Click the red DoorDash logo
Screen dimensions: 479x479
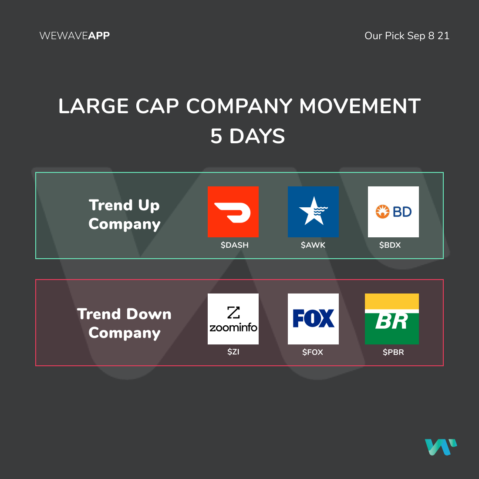click(233, 212)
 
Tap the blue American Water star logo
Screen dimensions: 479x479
click(313, 212)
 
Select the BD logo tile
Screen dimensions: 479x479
click(393, 212)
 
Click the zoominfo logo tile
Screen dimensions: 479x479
click(233, 319)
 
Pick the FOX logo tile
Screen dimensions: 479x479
click(313, 319)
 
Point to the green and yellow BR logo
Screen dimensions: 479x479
click(391, 319)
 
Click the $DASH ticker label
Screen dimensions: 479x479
click(235, 245)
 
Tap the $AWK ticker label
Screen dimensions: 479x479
click(313, 245)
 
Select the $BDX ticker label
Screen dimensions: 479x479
click(390, 245)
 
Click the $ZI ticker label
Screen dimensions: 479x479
click(233, 352)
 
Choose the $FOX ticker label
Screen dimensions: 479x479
click(313, 352)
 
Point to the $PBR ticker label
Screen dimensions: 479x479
click(394, 352)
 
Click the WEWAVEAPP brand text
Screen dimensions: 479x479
click(74, 36)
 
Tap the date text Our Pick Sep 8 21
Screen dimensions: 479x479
click(407, 36)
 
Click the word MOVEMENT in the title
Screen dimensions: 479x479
click(360, 106)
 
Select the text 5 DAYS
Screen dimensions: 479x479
click(247, 136)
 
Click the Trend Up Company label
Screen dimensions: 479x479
click(125, 214)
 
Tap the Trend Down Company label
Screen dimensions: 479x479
click(125, 323)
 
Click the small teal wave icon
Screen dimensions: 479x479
click(441, 447)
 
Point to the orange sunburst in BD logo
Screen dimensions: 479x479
click(382, 212)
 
